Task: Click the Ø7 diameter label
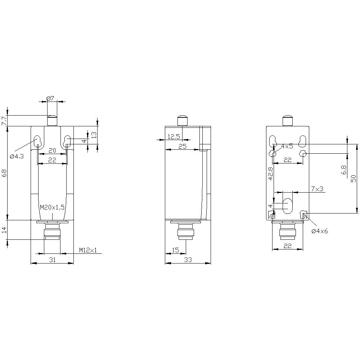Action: click(50, 99)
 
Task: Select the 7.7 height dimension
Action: click(4, 121)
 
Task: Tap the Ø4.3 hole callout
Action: click(17, 156)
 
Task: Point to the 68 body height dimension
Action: click(4, 173)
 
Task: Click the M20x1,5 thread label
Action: click(52, 207)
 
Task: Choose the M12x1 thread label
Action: click(88, 250)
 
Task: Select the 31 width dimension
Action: click(53, 260)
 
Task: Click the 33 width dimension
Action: click(188, 260)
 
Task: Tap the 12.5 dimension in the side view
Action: click(174, 137)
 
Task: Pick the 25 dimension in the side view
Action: click(183, 146)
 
